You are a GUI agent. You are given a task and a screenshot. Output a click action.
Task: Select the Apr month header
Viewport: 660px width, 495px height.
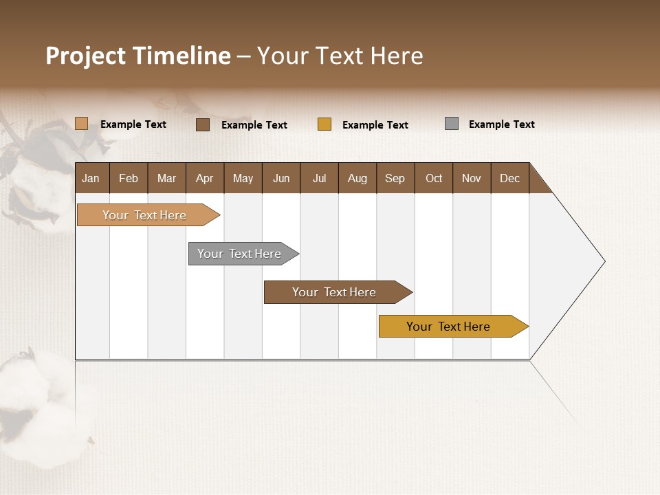205,178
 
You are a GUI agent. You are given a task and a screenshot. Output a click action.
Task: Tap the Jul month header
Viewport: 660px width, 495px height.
319,178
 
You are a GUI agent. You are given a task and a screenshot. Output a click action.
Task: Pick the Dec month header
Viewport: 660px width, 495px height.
509,178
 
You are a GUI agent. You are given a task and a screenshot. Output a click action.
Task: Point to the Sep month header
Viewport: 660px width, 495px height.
395,178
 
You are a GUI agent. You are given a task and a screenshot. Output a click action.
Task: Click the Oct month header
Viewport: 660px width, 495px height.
434,178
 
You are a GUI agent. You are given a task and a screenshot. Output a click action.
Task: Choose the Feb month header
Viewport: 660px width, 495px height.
129,178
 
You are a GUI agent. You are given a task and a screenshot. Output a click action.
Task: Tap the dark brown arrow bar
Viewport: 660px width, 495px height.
335,292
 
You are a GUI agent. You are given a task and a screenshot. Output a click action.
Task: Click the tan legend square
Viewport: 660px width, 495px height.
82,124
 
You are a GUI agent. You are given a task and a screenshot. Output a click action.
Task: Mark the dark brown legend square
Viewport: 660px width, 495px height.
203,124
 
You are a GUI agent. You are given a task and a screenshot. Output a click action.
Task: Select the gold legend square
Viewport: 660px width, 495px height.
324,124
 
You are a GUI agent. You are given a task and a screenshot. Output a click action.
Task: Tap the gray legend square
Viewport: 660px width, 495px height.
452,124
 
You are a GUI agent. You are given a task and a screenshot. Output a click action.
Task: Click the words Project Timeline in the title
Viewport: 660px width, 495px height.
138,56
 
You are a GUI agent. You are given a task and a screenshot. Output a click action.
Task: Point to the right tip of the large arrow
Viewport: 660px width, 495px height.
603,261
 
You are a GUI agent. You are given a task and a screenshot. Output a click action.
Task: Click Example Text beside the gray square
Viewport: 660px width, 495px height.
501,124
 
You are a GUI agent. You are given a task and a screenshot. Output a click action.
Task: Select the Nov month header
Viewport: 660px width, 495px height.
472,178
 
